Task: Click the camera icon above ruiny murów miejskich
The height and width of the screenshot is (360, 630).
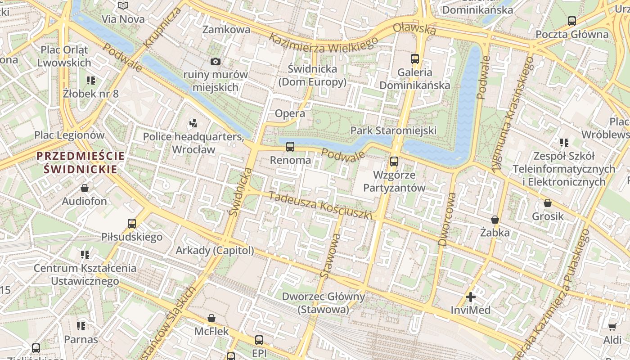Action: pyautogui.click(x=216, y=61)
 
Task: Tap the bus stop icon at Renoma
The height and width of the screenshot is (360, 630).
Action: pyautogui.click(x=290, y=147)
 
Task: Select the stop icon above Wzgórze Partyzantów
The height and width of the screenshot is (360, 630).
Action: pyautogui.click(x=394, y=161)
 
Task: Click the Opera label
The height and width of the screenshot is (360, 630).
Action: pyautogui.click(x=290, y=113)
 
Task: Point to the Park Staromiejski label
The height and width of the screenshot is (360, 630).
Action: pyautogui.click(x=393, y=130)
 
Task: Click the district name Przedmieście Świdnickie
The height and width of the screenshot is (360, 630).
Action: pyautogui.click(x=81, y=162)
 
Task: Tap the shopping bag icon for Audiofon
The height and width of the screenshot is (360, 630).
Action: pyautogui.click(x=84, y=188)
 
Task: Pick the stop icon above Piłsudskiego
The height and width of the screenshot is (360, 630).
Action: pyautogui.click(x=131, y=223)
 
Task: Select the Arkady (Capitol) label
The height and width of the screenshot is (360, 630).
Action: pyautogui.click(x=215, y=251)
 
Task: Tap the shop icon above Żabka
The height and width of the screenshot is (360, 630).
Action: pyautogui.click(x=495, y=220)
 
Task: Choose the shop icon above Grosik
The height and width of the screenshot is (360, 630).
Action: pyautogui.click(x=547, y=203)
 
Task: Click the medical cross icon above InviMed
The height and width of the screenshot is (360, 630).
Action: pyautogui.click(x=470, y=297)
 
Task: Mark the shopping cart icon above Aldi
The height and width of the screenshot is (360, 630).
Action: pyautogui.click(x=612, y=326)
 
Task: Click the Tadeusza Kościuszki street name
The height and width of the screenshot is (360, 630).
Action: pyautogui.click(x=321, y=206)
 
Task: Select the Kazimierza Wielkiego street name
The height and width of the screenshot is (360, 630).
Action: pyautogui.click(x=323, y=43)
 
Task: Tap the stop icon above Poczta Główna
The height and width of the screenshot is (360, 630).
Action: pyautogui.click(x=571, y=21)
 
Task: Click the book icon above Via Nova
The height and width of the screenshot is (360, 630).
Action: pyautogui.click(x=123, y=6)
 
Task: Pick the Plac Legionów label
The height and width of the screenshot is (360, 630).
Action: pyautogui.click(x=69, y=135)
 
